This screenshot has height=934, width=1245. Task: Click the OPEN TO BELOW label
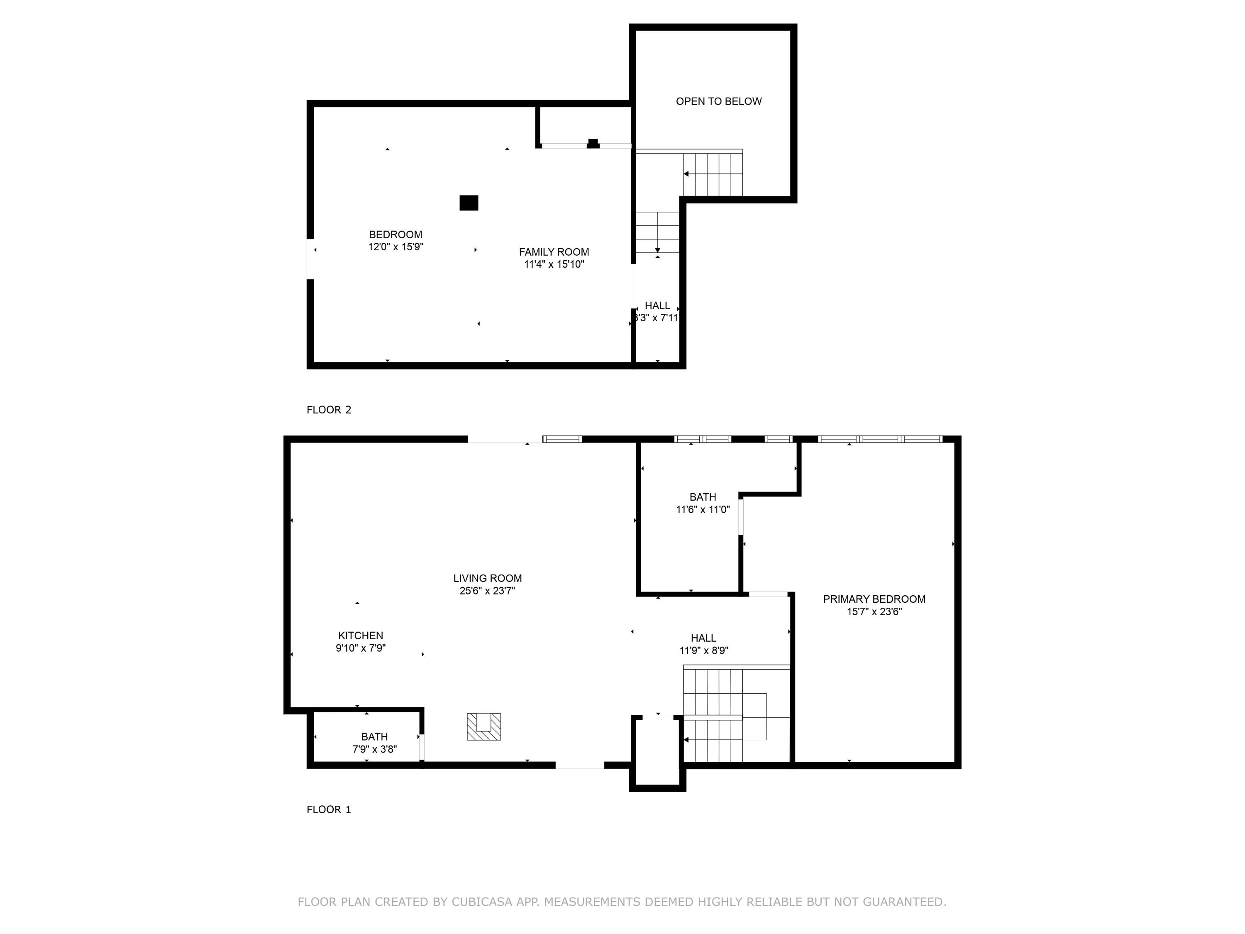[718, 101]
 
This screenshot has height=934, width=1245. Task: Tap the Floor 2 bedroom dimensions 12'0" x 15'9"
[395, 247]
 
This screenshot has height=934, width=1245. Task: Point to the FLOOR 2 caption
[329, 410]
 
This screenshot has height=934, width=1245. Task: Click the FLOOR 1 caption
[329, 809]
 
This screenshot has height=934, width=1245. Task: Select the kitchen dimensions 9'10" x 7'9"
[360, 648]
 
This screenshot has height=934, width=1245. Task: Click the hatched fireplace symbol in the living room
[483, 726]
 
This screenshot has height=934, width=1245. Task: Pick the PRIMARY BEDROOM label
[874, 599]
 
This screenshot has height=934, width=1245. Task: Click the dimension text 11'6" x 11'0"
[703, 509]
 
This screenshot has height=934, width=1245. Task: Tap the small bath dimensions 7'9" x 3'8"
[374, 749]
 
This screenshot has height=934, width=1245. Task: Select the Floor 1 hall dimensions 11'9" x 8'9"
[703, 651]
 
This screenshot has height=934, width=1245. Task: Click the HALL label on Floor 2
[657, 306]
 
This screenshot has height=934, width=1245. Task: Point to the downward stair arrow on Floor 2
[657, 249]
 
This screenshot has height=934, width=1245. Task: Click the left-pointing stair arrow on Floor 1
[686, 740]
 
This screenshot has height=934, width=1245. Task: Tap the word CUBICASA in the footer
[481, 902]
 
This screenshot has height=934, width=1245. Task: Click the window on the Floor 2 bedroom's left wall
[310, 259]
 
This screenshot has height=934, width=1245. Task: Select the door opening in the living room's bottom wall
[580, 765]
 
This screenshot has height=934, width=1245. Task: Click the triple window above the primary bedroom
[880, 439]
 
